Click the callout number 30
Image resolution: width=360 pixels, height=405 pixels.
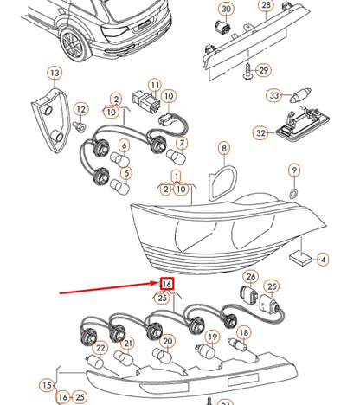pos(226,10)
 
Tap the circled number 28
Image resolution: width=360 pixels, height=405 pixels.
pos(266,5)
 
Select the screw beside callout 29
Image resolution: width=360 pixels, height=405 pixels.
pos(247,72)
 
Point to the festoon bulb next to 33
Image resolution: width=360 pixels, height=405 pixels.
pos(300,95)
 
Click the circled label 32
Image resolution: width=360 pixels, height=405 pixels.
pos(260,133)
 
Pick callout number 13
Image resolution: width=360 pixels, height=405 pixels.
pos(55,74)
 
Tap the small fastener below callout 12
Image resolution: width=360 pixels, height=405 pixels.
pos(79,126)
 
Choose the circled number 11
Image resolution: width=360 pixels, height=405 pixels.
pos(155,86)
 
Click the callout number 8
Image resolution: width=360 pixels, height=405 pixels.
pos(224,149)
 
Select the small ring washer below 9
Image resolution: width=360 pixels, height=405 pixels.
pos(294,193)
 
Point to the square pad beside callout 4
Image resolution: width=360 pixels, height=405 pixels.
pos(300,259)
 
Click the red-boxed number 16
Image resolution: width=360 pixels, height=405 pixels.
pos(167,284)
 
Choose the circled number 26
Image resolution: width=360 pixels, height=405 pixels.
pos(251,277)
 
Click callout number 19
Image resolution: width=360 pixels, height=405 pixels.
pos(213,337)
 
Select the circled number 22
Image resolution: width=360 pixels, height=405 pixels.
pos(100,348)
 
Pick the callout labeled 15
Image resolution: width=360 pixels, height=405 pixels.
pos(47,385)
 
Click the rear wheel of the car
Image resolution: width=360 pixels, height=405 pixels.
pos(74,45)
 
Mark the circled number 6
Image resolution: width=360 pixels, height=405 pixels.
pos(124,145)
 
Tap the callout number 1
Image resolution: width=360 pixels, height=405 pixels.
pos(177,176)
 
